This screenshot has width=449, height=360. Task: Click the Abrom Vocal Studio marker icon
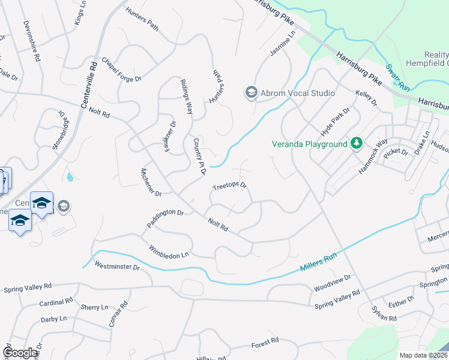(250, 92)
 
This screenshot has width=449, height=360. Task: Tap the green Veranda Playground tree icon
(357, 143)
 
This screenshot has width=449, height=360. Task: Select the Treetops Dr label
(229, 187)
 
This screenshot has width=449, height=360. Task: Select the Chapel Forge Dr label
(121, 70)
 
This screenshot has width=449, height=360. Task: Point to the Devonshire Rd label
(31, 43)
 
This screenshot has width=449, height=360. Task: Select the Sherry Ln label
(94, 307)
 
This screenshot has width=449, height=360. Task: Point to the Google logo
(20, 353)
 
